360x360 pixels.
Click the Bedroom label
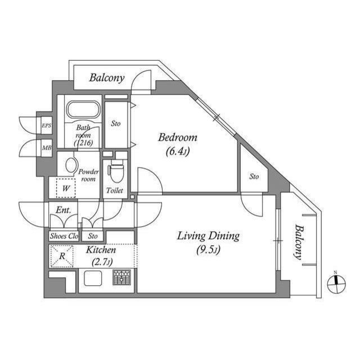(178, 137)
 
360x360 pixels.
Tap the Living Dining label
(209, 236)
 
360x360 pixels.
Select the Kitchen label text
(101, 250)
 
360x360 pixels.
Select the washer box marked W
(66, 188)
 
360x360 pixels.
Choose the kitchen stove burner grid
(121, 278)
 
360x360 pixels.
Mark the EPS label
(46, 126)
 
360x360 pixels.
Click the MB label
(46, 148)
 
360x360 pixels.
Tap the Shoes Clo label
(64, 236)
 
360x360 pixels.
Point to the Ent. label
(63, 210)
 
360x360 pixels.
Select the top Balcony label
(107, 78)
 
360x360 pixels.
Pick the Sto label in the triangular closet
(254, 177)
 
